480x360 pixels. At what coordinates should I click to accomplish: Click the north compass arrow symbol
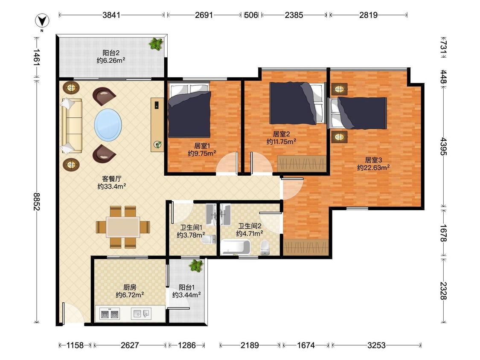point(42,21)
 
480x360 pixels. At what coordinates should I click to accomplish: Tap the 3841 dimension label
point(111,15)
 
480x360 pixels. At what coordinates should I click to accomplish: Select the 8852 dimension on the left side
point(37,201)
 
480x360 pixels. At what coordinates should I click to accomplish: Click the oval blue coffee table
point(108,125)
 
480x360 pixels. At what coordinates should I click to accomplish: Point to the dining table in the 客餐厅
point(123,227)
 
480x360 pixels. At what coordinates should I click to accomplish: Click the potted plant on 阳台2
point(157,44)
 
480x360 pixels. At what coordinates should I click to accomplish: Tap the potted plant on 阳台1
point(196,265)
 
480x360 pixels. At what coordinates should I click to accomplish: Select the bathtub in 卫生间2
point(236,247)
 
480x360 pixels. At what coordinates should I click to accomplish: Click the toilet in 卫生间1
point(209,239)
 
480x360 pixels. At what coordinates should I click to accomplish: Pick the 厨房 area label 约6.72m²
point(130,295)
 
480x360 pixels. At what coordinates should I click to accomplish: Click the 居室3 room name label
point(373,160)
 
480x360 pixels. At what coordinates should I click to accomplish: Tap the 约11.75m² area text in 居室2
point(281,142)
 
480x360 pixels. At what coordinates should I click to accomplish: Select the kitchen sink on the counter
point(141,314)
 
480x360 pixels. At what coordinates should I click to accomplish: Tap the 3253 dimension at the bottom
point(376,345)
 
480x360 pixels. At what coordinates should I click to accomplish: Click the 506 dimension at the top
point(251,15)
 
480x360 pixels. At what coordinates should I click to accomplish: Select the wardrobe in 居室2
point(302,164)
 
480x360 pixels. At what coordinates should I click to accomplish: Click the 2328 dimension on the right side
point(443,290)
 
